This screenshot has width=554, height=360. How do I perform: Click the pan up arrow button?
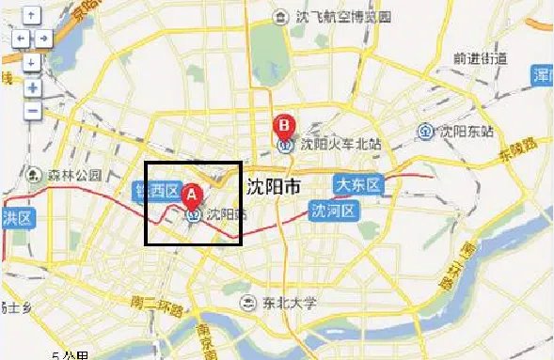coord(31,16)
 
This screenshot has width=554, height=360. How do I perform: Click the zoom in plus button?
coord(31,87)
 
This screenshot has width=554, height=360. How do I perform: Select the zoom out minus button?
coord(31,110)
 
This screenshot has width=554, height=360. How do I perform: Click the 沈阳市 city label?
coord(273,185)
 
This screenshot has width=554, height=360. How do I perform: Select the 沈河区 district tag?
coord(334,209)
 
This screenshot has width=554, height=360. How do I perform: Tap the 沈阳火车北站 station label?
coord(341,145)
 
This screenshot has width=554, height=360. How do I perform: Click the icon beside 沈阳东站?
coord(425,131)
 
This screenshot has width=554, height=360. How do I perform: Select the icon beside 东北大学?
coord(247,303)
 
